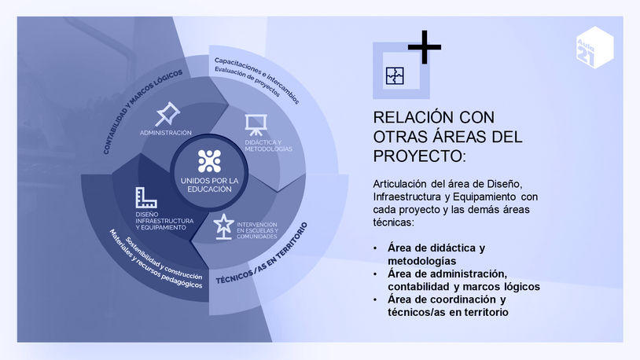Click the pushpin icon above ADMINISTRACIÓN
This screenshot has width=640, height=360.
coord(167,115)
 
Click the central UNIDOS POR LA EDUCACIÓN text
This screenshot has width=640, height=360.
coord(209,185)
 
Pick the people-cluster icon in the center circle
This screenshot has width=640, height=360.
coord(209,160)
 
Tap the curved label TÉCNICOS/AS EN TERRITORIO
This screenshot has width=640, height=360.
coord(261,252)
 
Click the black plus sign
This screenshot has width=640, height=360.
coord(424,47)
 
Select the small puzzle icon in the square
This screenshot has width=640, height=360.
coord(394,75)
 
